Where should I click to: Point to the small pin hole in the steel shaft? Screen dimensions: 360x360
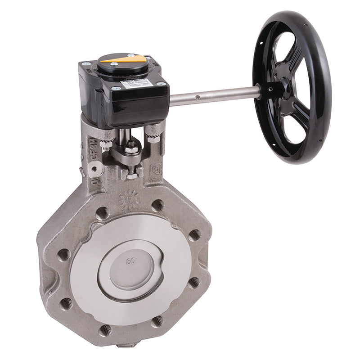[197, 96]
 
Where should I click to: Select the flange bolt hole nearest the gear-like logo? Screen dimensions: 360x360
[157, 205]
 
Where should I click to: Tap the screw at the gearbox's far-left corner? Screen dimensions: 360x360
[84, 65]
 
